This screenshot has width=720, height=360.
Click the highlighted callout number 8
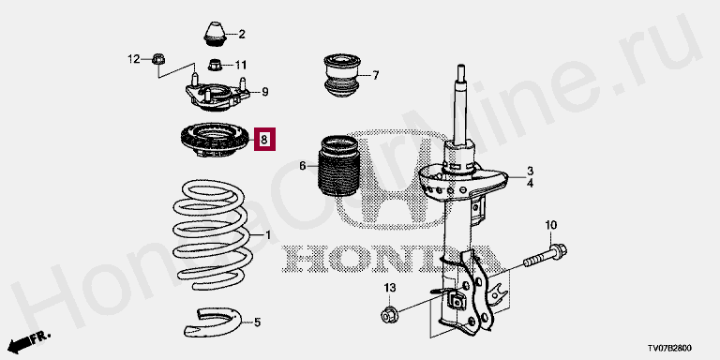(264, 139)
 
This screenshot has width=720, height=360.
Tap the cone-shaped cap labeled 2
(215, 34)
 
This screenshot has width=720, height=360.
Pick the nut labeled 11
(215, 65)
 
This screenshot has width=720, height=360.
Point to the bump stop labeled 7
(341, 76)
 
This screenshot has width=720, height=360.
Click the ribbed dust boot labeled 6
(337, 165)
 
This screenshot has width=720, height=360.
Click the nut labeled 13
(389, 315)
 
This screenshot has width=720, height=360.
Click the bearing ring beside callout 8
(213, 141)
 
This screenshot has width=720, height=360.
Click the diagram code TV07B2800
(669, 349)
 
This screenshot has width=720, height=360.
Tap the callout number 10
(550, 225)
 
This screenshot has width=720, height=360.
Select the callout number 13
(389, 288)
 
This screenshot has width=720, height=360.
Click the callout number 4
(530, 184)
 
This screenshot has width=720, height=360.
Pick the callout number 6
(302, 166)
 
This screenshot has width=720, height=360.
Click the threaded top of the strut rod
(461, 74)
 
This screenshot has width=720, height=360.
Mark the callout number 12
(134, 59)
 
